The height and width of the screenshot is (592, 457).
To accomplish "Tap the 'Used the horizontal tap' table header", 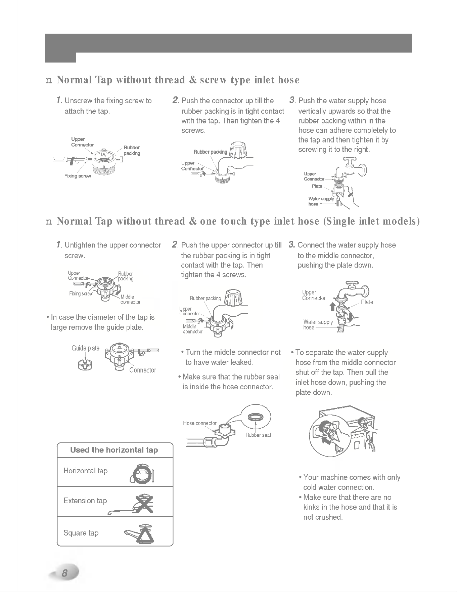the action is pyautogui.click(x=114, y=450).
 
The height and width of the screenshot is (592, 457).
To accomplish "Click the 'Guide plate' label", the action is pyautogui.click(x=86, y=348).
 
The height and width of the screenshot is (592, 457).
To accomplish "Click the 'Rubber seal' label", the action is pyautogui.click(x=258, y=435).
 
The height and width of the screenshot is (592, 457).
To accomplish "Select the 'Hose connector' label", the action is pyautogui.click(x=200, y=423).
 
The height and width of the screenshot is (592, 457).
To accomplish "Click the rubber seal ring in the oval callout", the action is pyautogui.click(x=255, y=417).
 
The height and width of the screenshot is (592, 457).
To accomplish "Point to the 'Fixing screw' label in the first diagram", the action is pyautogui.click(x=78, y=176).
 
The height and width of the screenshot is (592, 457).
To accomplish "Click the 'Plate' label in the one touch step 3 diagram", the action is pyautogui.click(x=367, y=302).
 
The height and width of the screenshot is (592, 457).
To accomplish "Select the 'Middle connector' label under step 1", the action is pyautogui.click(x=130, y=299).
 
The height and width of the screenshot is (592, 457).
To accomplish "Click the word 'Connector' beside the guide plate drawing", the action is pyautogui.click(x=143, y=370).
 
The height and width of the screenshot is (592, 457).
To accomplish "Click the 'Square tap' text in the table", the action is pyautogui.click(x=81, y=533).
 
